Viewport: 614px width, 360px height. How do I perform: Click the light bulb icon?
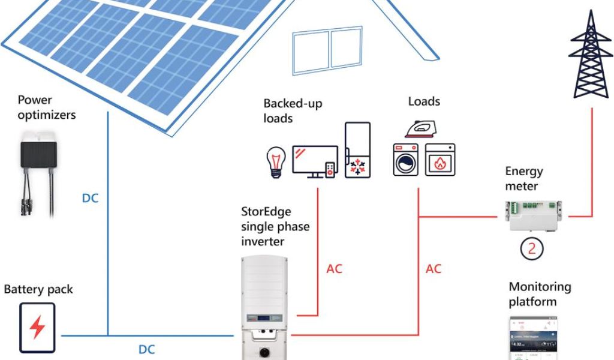pos(275,163)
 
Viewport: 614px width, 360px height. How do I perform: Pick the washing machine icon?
pos(406,160)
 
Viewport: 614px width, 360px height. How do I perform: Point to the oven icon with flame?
pos(440,160)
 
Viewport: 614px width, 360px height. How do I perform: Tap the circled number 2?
pos(531,247)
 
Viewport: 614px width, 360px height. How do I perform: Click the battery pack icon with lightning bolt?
pos(37,328)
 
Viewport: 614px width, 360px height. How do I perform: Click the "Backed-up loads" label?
pos(293,110)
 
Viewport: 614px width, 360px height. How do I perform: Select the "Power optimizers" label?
pos(47,107)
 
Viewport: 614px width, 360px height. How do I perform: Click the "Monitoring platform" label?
pos(540,294)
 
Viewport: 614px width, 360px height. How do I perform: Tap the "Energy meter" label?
pos(523,178)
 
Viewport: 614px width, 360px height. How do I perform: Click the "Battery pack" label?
pos(38,289)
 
